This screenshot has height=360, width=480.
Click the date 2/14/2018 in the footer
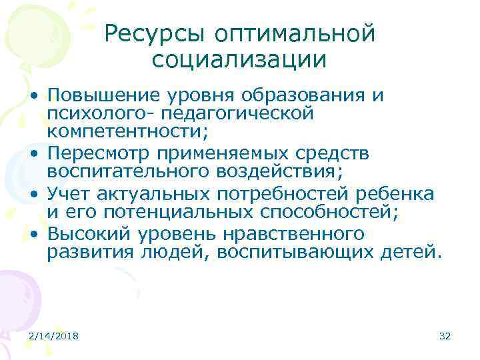click(x=53, y=336)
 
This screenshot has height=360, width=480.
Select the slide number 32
click(x=445, y=336)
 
